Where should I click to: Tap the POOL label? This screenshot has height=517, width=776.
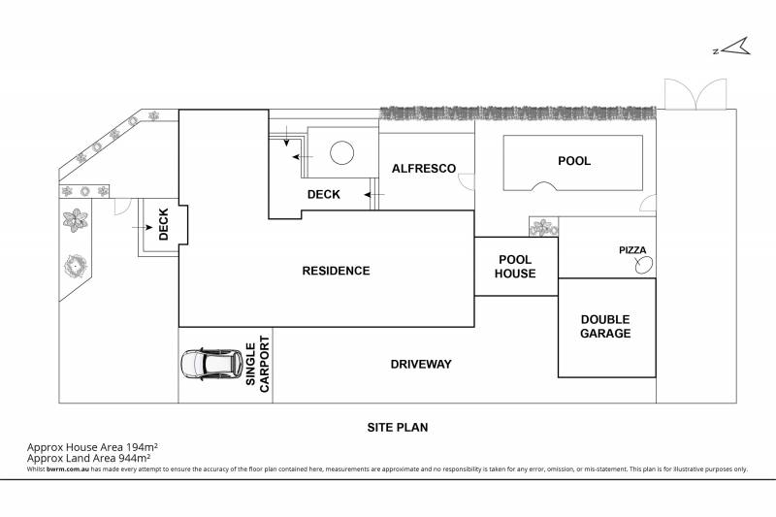tap(573, 161)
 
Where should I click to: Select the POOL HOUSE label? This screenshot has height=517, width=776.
tap(516, 267)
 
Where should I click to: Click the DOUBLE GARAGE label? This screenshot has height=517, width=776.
tap(605, 327)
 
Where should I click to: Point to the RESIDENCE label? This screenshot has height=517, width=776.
tap(337, 271)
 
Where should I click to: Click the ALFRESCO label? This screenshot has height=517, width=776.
tap(424, 169)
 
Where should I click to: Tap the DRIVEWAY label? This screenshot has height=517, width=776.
tap(421, 365)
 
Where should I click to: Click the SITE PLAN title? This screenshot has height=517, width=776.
tap(398, 426)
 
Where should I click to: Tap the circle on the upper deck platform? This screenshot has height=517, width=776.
tap(341, 153)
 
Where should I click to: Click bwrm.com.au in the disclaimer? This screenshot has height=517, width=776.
tap(64, 469)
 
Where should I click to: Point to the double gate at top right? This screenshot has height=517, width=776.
tap(695, 94)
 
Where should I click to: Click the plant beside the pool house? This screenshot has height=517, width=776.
tap(544, 228)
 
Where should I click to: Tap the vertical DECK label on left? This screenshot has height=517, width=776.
tap(163, 225)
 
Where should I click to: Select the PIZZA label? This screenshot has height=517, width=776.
tap(632, 250)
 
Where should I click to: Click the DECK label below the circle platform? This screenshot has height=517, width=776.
tap(323, 195)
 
